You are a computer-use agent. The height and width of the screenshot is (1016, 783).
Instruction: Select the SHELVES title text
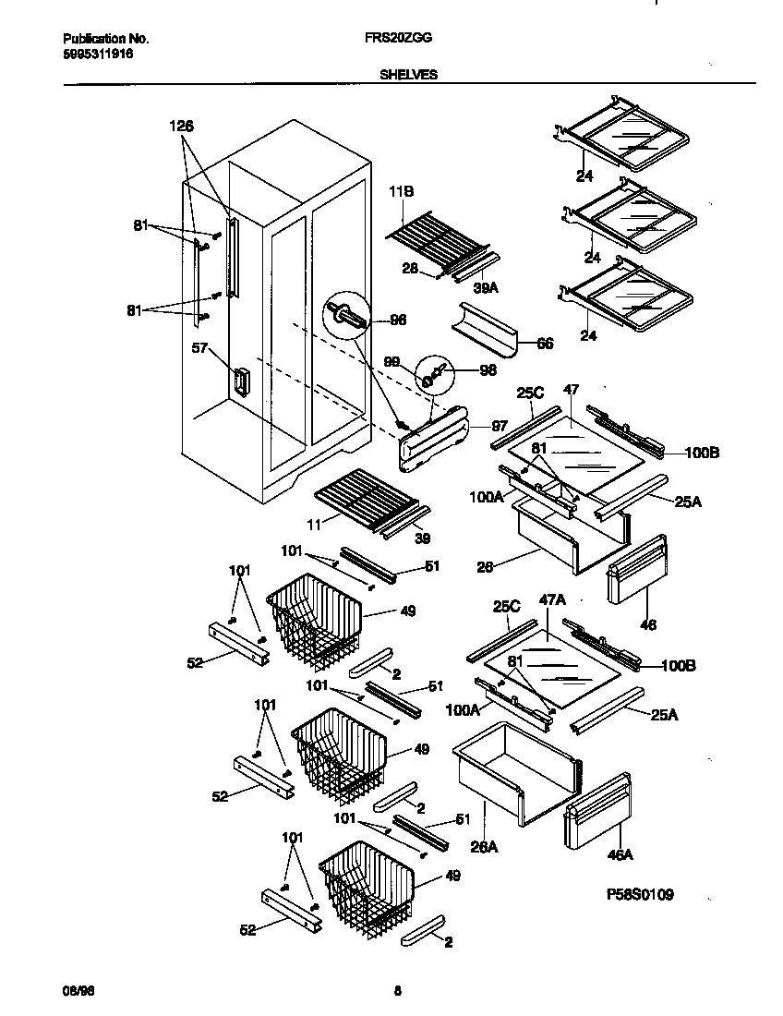click(x=408, y=76)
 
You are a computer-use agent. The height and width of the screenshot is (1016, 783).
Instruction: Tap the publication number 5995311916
click(x=97, y=54)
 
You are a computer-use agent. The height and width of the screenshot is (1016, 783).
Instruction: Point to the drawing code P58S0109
click(x=640, y=894)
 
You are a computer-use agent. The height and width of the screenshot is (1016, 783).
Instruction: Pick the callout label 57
click(x=199, y=349)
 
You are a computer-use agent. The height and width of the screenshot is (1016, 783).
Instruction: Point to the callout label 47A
click(x=551, y=599)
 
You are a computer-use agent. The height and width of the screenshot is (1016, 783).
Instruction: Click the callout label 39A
click(x=486, y=287)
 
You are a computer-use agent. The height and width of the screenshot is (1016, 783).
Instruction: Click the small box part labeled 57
click(x=241, y=382)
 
